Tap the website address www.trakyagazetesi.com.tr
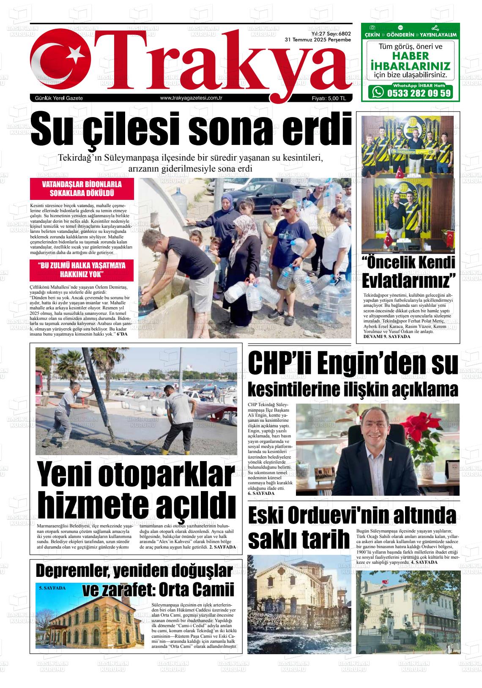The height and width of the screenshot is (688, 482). [x=192, y=98]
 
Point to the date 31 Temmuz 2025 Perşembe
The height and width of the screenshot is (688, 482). [x=318, y=40]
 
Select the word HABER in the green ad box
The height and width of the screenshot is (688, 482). [x=410, y=56]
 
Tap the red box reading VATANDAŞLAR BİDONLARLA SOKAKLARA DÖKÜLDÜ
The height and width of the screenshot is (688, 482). [x=82, y=189]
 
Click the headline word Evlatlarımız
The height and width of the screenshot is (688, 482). [x=408, y=280]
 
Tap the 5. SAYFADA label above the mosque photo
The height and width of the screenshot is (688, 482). [x=52, y=588]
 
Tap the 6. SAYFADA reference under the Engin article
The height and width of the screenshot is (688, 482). [x=261, y=493]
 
